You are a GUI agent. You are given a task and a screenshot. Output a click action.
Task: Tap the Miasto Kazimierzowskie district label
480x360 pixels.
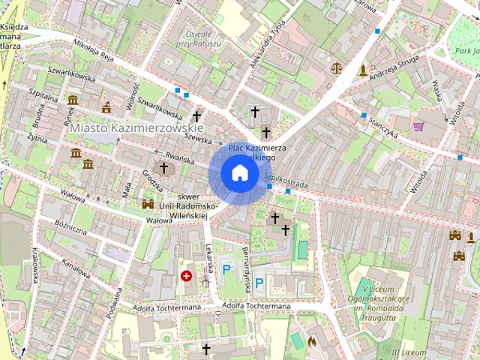coord(126,129)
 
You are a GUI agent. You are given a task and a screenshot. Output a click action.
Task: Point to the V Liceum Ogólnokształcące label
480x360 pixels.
coord(386,301)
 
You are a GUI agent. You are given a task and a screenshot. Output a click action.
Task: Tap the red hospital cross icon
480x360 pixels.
coord(186,276)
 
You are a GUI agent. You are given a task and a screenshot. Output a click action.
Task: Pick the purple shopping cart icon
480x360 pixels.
coord(418,126)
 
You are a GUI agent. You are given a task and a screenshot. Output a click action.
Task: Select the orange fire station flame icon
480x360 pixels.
coord(312,341)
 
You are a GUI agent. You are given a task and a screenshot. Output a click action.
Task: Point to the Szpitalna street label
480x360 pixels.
coord(43,97)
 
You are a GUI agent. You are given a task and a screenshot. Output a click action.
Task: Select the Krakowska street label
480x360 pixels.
coord(34,268)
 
